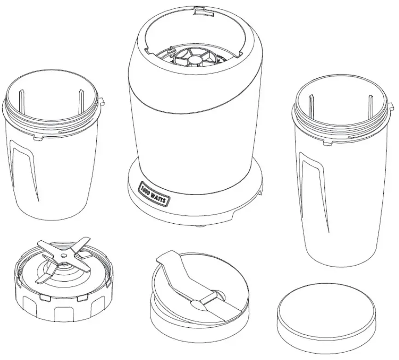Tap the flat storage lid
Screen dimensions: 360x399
(327, 318)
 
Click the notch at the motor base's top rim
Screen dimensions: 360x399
(199, 9)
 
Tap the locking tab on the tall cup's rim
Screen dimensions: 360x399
(391, 107)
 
